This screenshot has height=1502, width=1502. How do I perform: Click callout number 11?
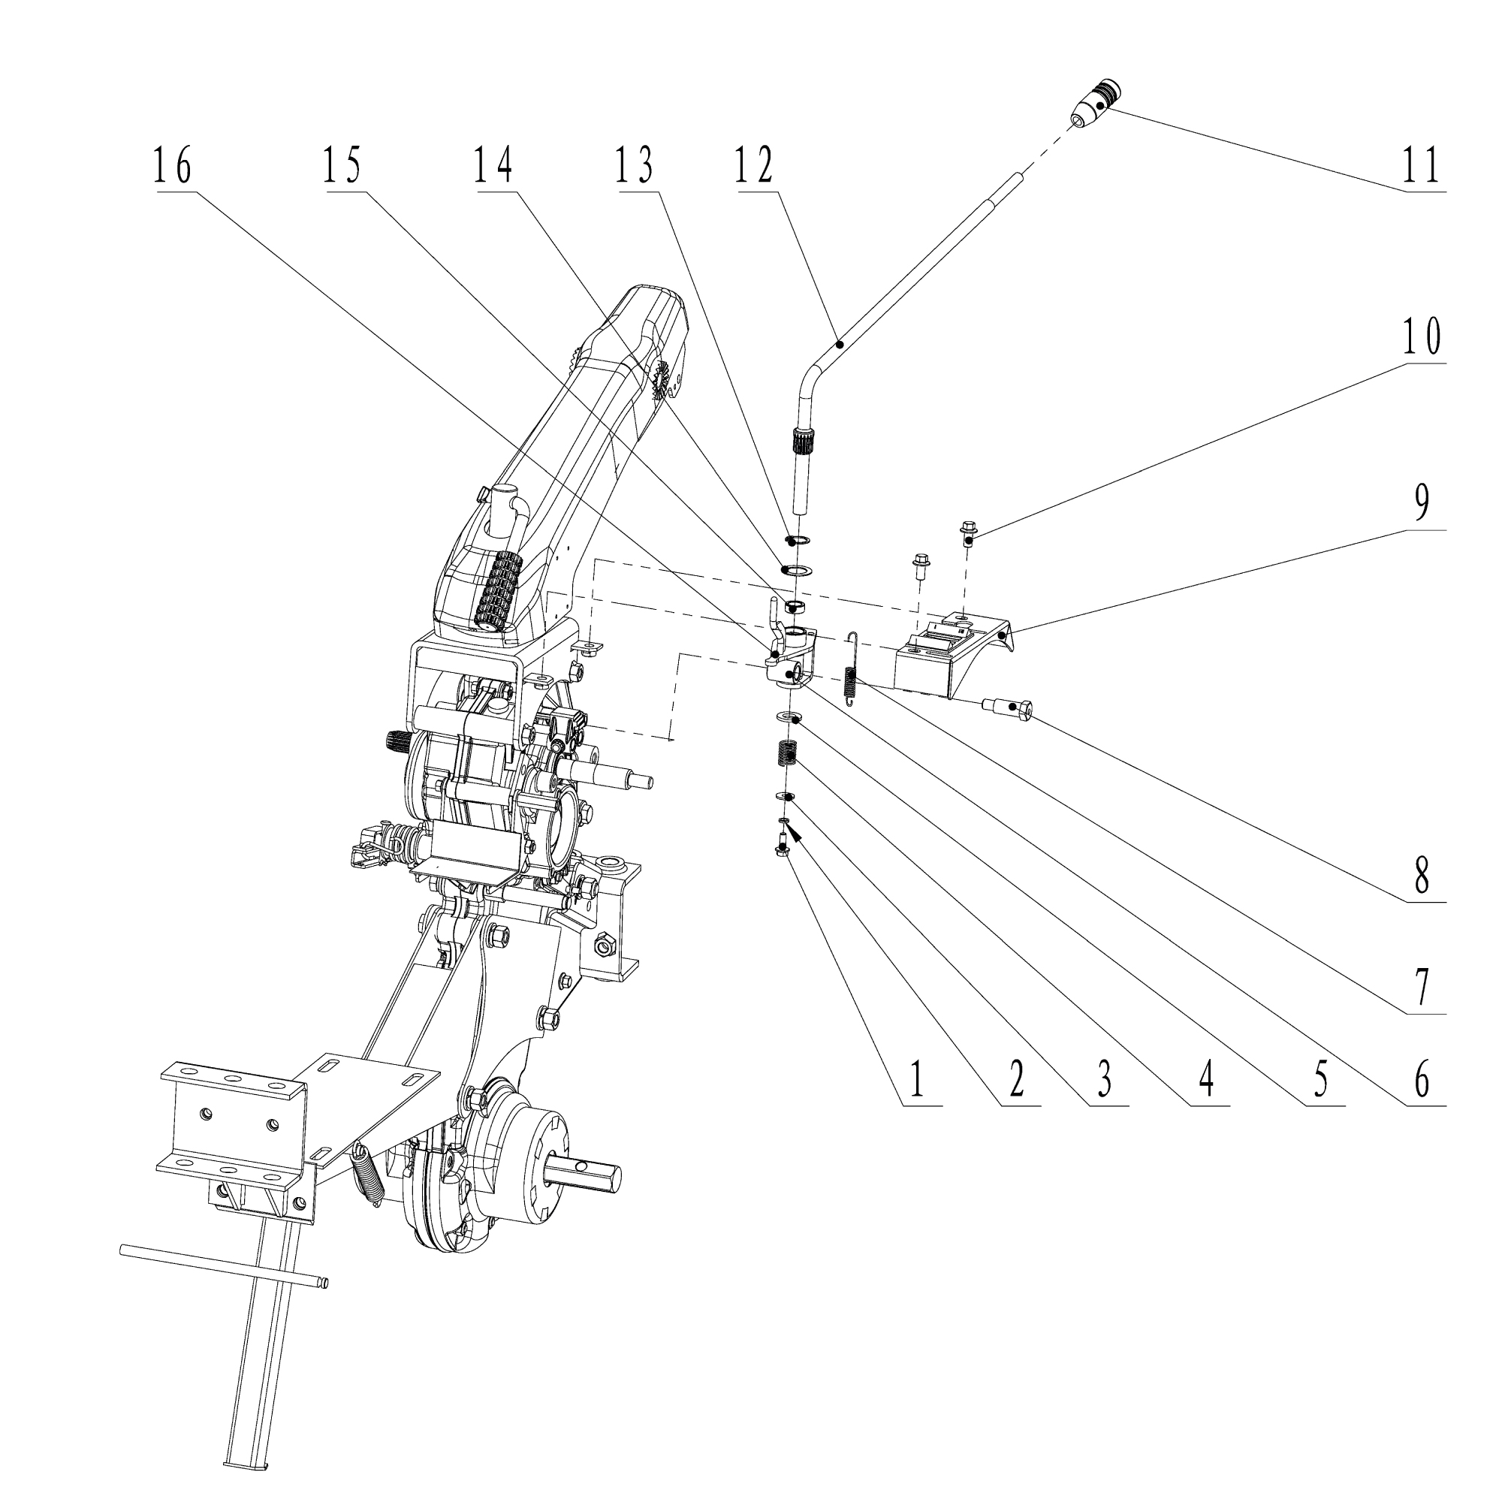click(x=1422, y=167)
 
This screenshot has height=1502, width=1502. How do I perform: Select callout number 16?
click(x=173, y=167)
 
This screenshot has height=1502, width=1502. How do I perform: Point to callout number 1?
click(x=918, y=1081)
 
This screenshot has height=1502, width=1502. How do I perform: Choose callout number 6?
click(x=1422, y=1081)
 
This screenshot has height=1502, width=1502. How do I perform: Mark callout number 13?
click(x=635, y=167)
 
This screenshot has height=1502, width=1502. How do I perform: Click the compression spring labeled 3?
click(x=788, y=754)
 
